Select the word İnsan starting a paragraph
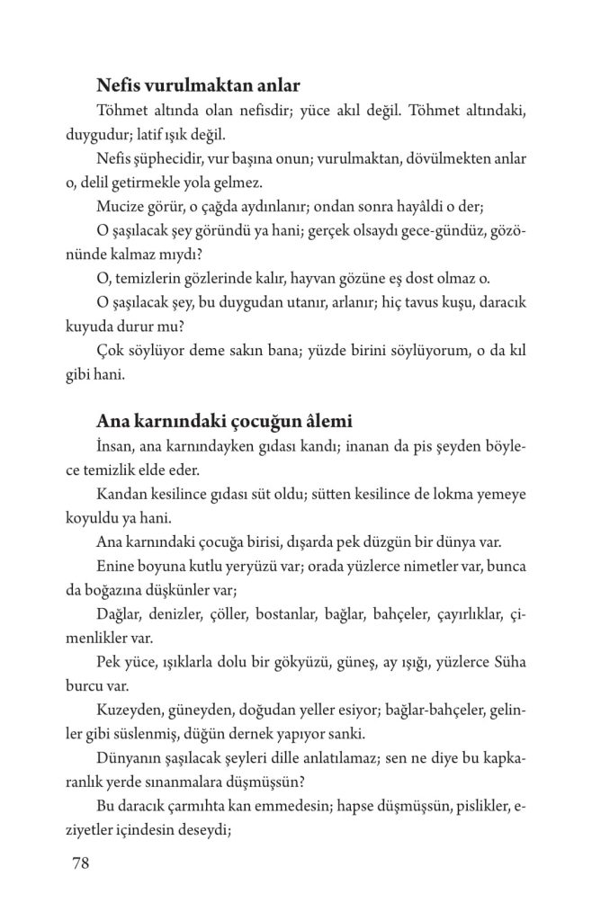113,447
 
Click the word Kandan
120,494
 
